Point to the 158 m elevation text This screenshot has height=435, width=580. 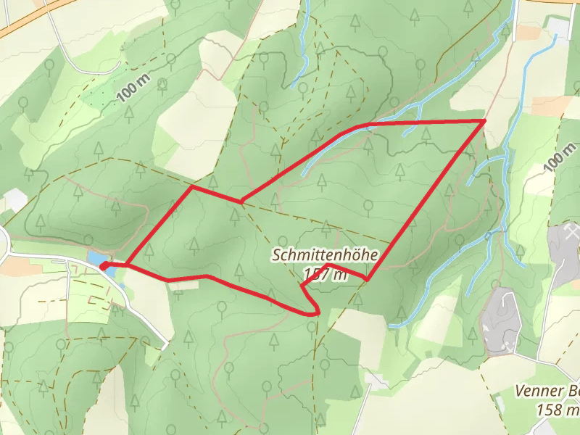[x=557, y=410]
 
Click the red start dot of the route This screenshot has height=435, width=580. [x=104, y=266]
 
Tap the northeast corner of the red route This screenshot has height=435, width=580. [x=484, y=120]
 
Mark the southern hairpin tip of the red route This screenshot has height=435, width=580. [x=317, y=312]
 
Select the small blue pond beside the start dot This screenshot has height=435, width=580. [x=95, y=258]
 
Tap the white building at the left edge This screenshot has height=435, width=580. [x=14, y=200]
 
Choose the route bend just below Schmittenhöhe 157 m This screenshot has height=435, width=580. [x=367, y=278]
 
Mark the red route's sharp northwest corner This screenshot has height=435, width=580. [x=192, y=187]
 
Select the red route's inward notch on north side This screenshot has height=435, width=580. [x=241, y=201]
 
